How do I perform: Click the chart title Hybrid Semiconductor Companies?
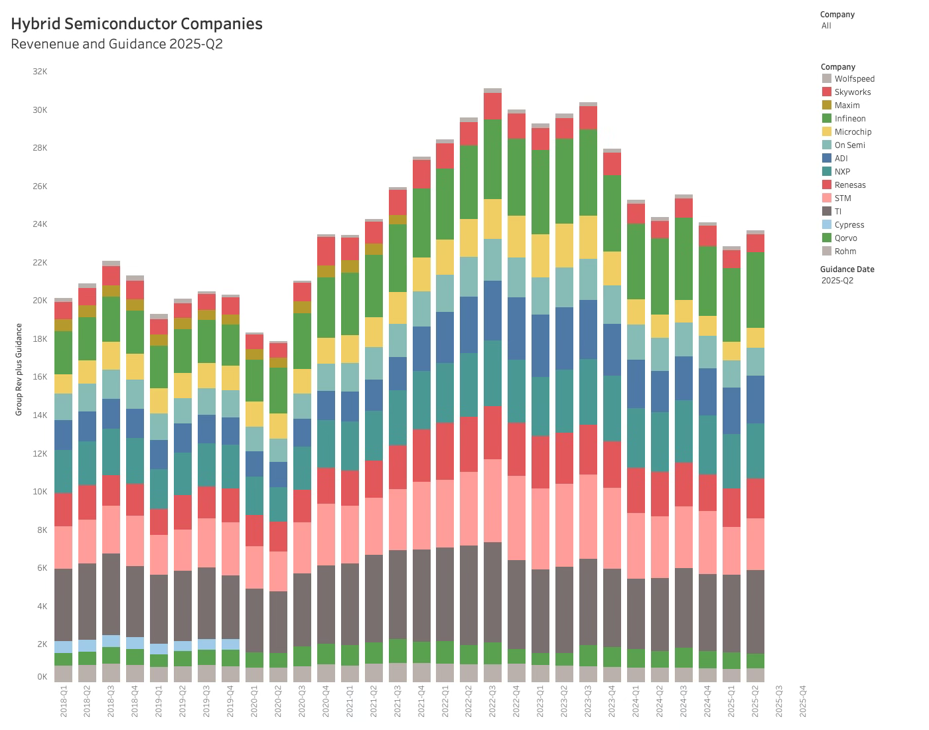click(x=137, y=24)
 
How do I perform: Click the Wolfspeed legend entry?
click(x=854, y=79)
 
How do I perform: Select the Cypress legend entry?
click(x=849, y=225)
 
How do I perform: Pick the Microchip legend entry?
click(x=853, y=132)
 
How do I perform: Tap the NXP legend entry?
click(x=842, y=172)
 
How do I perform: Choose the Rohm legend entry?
click(x=845, y=252)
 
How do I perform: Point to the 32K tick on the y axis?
click(x=40, y=72)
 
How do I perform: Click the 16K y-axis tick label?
click(x=40, y=377)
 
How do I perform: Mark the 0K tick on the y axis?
click(x=42, y=677)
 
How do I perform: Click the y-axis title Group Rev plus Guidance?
click(x=19, y=370)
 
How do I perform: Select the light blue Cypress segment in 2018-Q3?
click(x=111, y=641)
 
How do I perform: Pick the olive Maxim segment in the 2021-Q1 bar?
click(x=350, y=266)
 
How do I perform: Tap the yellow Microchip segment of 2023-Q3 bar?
click(x=588, y=237)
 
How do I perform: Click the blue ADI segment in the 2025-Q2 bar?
click(x=754, y=400)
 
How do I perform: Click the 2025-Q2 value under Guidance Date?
click(x=837, y=281)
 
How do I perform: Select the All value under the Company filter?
click(x=826, y=26)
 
